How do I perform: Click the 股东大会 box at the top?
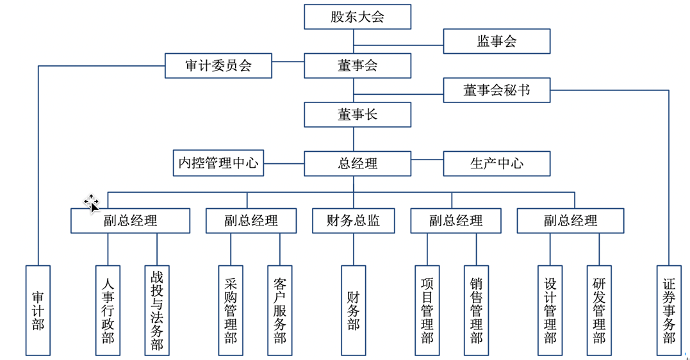(357, 17)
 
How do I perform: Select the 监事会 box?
(497, 42)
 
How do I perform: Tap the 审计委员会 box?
(218, 66)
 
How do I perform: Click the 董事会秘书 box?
(497, 90)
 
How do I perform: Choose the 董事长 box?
(357, 115)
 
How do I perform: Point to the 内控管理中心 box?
(218, 163)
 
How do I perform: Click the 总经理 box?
(357, 163)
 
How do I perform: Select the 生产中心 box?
(497, 163)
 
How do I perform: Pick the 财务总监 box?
(353, 221)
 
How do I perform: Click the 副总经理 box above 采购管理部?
(251, 221)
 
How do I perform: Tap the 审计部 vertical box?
(38, 310)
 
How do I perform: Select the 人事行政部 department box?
(108, 310)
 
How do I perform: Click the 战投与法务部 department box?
(157, 310)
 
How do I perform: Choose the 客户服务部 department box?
(279, 310)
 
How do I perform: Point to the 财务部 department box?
(353, 310)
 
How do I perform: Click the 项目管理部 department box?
(427, 310)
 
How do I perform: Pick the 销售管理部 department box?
(476, 310)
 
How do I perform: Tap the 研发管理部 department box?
(599, 310)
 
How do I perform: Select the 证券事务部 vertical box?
(669, 310)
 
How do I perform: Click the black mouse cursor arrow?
(94, 206)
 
